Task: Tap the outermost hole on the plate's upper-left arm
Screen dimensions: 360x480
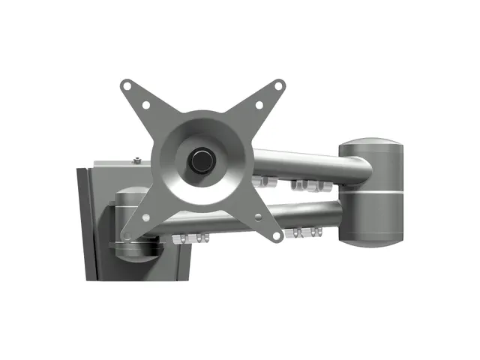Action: click(128, 86)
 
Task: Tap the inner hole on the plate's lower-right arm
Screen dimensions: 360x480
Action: click(259, 216)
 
